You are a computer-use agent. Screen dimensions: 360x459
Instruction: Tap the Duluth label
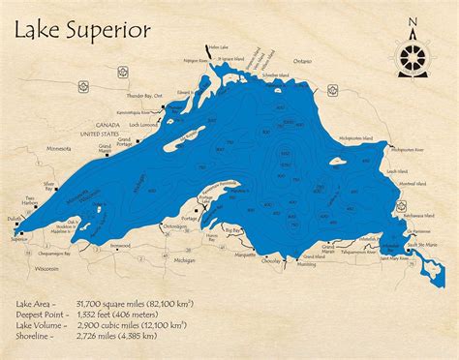pos(11,221)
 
